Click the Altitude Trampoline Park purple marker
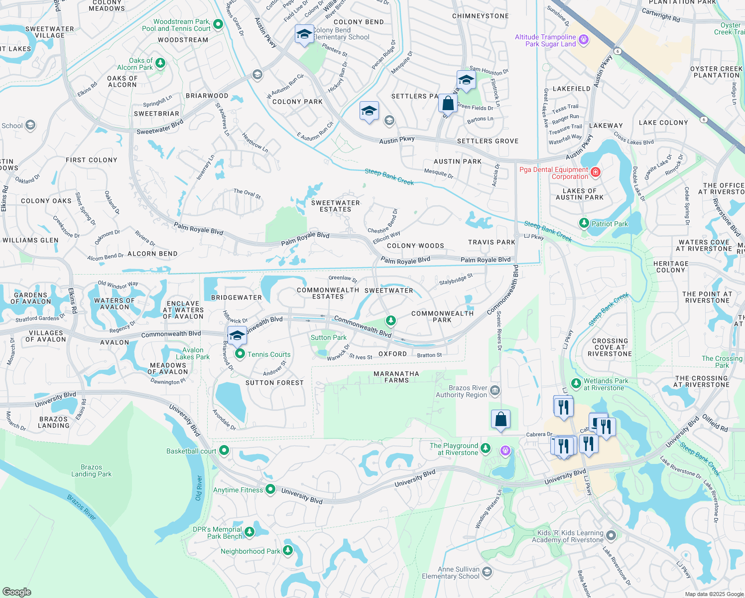(x=584, y=39)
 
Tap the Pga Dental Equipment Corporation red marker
(x=595, y=172)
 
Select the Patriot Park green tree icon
(x=584, y=223)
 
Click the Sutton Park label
(x=328, y=337)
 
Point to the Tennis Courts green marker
(x=240, y=354)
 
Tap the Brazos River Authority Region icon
(x=495, y=390)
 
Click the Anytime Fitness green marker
(x=270, y=489)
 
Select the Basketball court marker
(x=224, y=450)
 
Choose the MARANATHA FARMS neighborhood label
(x=396, y=377)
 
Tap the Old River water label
(x=199, y=488)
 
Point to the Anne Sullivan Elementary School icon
(x=487, y=572)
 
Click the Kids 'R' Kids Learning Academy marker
(x=612, y=536)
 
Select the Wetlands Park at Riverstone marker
(x=576, y=383)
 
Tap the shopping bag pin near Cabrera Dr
(x=500, y=419)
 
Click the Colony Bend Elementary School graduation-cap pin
(x=304, y=35)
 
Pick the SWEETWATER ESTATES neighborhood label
(x=335, y=206)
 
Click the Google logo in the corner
(x=17, y=592)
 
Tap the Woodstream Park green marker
(x=218, y=24)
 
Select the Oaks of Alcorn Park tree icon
(x=160, y=63)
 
